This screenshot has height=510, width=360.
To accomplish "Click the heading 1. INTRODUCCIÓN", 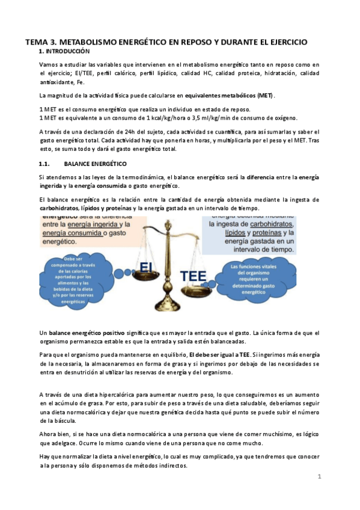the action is click(x=64, y=52).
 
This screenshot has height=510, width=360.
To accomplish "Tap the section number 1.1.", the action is click(x=46, y=164).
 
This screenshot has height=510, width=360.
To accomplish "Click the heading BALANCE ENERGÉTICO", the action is click(x=95, y=164).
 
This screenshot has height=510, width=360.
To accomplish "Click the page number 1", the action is click(x=320, y=476).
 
